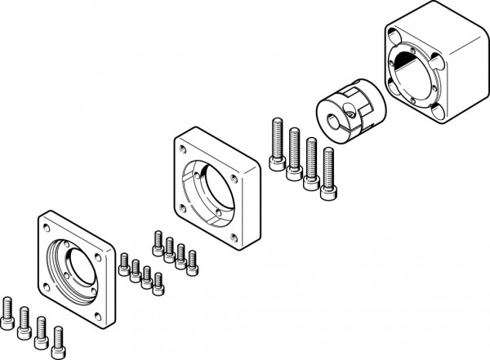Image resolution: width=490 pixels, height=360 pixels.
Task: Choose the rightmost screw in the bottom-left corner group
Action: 58,337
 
